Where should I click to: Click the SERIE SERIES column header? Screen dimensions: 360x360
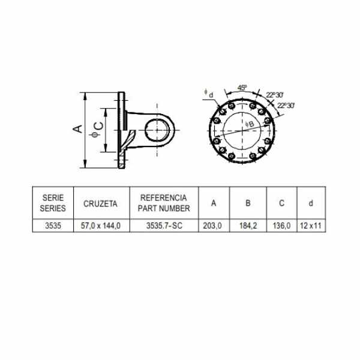pos(53,203)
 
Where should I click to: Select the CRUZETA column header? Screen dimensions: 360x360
pos(100,203)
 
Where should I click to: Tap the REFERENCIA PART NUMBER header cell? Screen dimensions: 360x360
pos(164,203)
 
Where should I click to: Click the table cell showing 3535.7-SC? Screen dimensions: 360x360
pos(164,226)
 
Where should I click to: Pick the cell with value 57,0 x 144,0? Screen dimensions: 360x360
pos(101,226)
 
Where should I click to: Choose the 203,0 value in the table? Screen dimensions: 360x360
pos(212,226)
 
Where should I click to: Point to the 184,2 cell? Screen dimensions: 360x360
pos(248,226)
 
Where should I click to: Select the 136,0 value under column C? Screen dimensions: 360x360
pos(282,226)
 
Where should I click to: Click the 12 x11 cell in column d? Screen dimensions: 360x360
pos(311,226)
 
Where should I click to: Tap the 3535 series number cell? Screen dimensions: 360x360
pos(53,226)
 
